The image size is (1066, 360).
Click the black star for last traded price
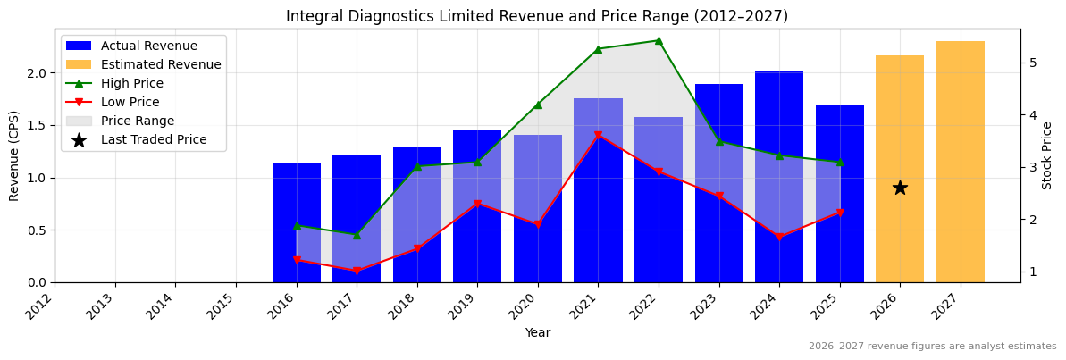900,188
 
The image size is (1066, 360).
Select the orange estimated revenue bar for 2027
960,161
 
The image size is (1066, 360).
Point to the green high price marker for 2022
659,40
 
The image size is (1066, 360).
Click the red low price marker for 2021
598,136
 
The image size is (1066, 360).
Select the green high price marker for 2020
538,105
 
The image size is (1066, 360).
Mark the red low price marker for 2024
779,237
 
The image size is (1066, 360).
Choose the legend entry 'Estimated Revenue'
161,64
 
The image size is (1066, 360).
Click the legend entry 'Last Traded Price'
154,139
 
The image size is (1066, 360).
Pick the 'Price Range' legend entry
138,121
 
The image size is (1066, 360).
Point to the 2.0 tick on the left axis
38,73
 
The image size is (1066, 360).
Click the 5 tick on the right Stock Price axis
1032,63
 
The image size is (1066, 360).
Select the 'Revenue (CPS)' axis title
14,155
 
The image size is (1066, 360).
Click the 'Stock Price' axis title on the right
1047,155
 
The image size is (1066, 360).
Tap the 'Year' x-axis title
537,332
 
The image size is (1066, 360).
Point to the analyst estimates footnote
932,347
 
